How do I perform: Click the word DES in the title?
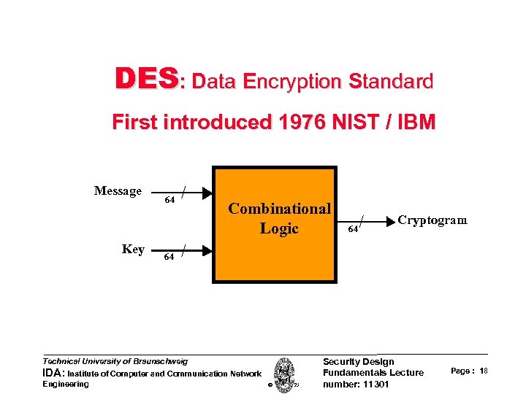pos(145,80)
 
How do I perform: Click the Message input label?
pos(118,191)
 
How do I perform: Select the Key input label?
pos(133,250)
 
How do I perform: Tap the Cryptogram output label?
pos(432,220)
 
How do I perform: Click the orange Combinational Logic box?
pos(275,248)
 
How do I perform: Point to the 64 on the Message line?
pos(169,201)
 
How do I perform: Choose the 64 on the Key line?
pos(169,257)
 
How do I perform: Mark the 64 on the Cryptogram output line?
pos(353,230)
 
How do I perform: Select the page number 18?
pos(484,371)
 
